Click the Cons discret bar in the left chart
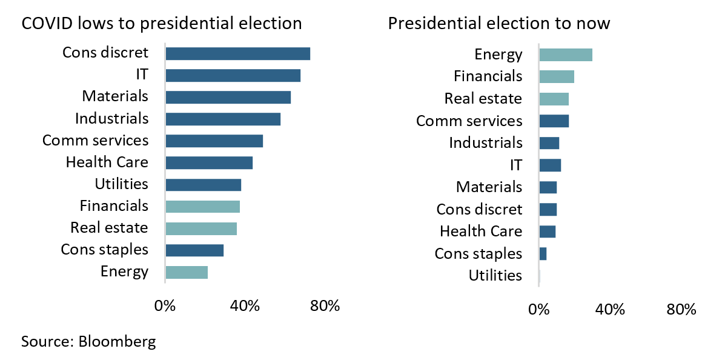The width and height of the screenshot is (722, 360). click(237, 53)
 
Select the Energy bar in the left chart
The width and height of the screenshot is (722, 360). click(187, 272)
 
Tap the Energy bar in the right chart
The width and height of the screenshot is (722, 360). click(566, 55)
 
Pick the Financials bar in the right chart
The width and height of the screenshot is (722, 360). click(557, 77)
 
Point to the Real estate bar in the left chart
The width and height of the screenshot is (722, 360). click(201, 228)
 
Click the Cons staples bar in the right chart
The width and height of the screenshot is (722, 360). click(543, 254)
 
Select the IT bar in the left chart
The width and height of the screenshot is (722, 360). click(233, 75)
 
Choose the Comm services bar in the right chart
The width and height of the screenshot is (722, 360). click(554, 121)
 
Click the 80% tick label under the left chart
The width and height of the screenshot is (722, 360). click(325, 306)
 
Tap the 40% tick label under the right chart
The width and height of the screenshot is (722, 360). click(609, 310)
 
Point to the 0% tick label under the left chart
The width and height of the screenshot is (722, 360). click(165, 306)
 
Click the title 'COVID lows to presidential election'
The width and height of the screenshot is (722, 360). click(162, 24)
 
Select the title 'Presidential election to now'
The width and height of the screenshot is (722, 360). click(498, 24)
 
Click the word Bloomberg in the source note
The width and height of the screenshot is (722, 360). click(117, 341)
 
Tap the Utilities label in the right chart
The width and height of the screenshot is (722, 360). click(495, 276)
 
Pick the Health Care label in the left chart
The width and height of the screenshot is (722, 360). click(107, 162)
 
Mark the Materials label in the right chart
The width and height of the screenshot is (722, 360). click(489, 187)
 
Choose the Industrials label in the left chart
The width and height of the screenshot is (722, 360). click(111, 118)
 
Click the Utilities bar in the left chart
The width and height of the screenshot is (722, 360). click(203, 185)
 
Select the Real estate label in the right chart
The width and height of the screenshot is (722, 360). click(483, 99)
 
